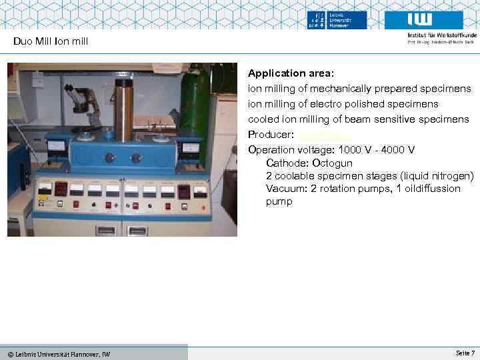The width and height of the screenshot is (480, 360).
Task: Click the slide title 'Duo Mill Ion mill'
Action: [x=51, y=42]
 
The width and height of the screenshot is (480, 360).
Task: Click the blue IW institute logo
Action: [x=435, y=19]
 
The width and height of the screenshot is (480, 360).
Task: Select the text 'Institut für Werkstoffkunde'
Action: [x=441, y=35]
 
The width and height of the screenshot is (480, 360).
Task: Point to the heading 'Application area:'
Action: [x=291, y=72]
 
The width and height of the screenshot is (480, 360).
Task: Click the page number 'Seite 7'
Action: [x=465, y=353]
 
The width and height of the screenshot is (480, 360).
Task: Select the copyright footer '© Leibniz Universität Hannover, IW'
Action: [x=59, y=353]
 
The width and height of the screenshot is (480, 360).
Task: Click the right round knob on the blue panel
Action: [x=137, y=158]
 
